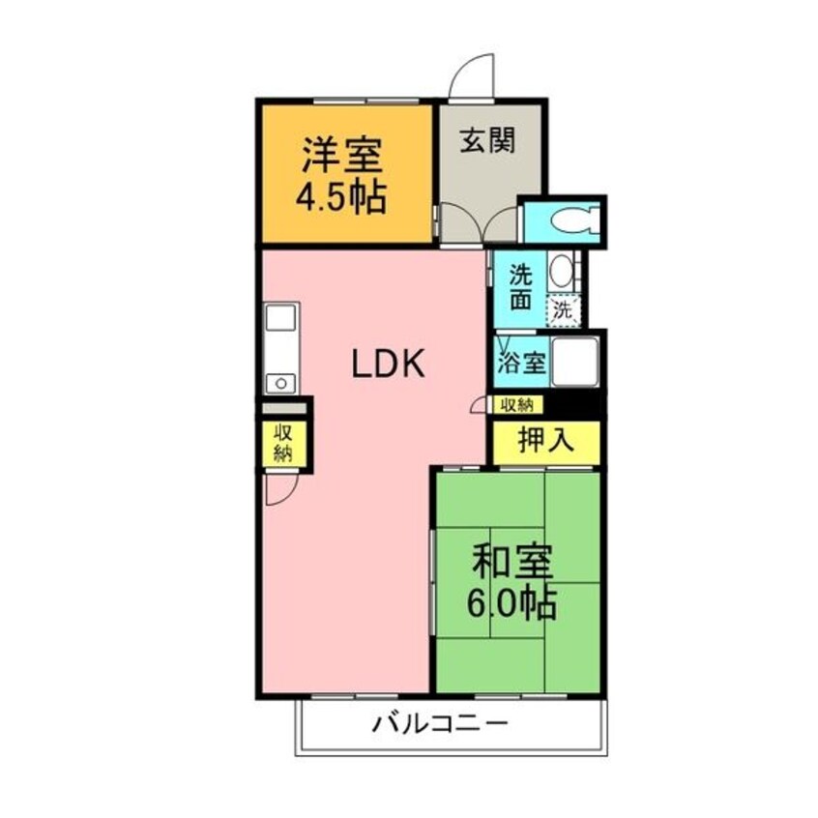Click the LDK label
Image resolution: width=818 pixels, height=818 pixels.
tap(387, 365)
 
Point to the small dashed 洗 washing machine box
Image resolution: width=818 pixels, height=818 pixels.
tap(564, 310)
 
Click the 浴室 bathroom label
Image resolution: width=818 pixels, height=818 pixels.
tap(521, 365)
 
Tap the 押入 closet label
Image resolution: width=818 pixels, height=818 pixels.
tap(546, 441)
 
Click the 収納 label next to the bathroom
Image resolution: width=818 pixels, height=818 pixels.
tap(517, 404)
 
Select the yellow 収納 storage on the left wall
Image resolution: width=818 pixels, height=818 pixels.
tap(282, 443)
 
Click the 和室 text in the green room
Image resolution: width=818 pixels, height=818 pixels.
tap(511, 564)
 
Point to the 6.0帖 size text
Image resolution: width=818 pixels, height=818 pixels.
tap(511, 603)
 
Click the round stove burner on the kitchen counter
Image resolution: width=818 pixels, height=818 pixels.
tap(281, 382)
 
